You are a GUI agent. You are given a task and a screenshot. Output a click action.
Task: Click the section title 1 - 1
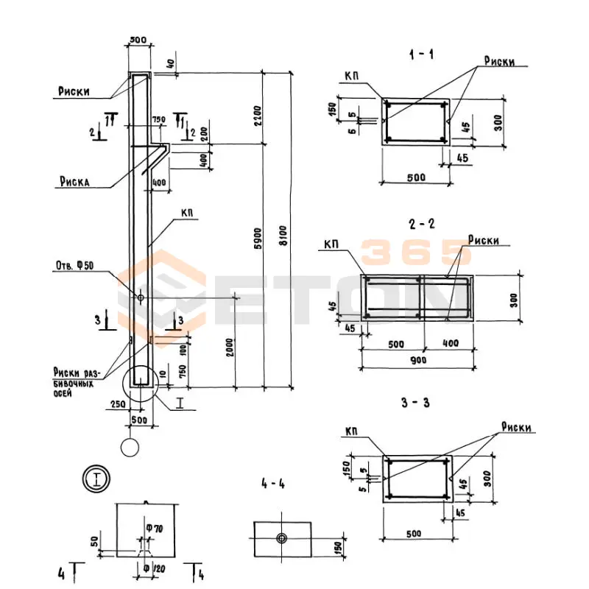[424, 54]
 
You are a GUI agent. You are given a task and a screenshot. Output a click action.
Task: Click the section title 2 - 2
[424, 222]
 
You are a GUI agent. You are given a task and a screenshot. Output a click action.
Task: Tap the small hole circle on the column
[140, 297]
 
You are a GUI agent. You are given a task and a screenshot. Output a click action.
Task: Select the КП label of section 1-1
[353, 76]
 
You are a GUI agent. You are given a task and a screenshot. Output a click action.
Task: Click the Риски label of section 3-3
[517, 428]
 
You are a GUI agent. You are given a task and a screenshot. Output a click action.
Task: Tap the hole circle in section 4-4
[282, 538]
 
